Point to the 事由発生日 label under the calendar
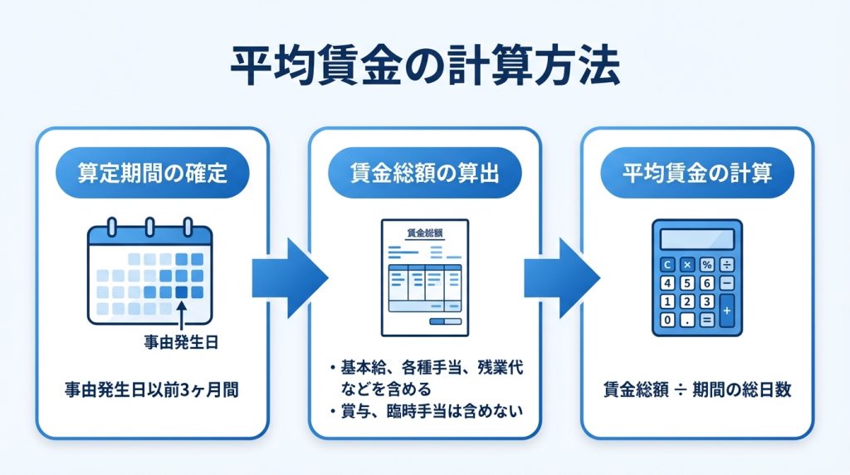180,340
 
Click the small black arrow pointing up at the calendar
181,316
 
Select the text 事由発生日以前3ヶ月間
151,389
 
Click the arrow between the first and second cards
289,278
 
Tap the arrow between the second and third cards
561,278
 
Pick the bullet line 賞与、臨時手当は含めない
424,409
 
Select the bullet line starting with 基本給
424,375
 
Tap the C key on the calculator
667,265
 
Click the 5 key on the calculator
686,283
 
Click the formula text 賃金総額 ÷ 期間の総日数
696,389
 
